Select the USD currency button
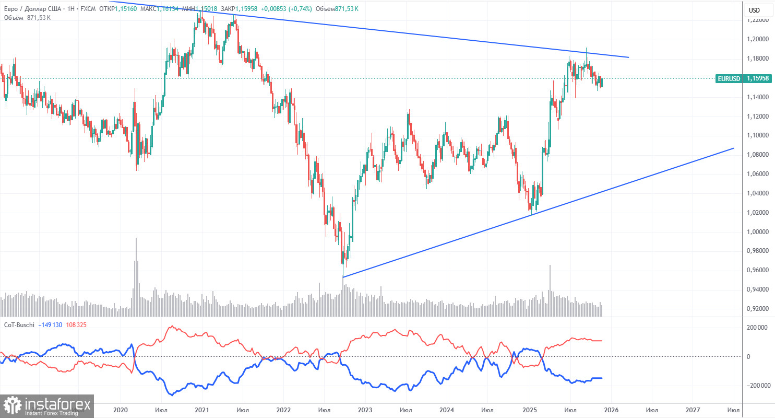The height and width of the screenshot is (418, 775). (754, 10)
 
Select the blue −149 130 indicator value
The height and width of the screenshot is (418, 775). (51, 325)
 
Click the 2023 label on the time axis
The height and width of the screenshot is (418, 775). (365, 410)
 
